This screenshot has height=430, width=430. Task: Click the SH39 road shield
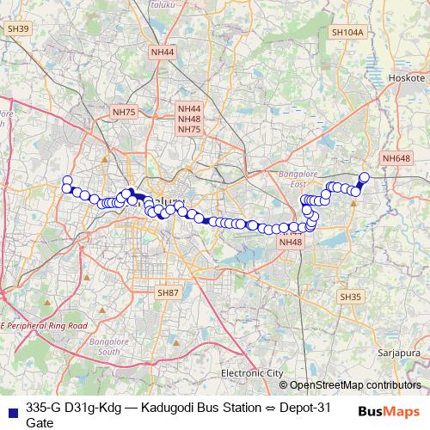tap(18, 29)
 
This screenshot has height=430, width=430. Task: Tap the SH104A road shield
tap(347, 32)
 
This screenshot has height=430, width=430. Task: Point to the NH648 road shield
tap(396, 158)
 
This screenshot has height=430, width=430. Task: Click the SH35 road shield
tap(350, 297)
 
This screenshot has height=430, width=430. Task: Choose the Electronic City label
tap(251, 373)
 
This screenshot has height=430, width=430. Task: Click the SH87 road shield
tap(168, 293)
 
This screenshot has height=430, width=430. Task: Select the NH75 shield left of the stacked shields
tap(124, 112)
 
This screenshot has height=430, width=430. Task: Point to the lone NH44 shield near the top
tap(162, 52)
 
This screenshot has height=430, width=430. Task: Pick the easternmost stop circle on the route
tap(364, 177)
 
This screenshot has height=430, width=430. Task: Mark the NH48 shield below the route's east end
tap(291, 243)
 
